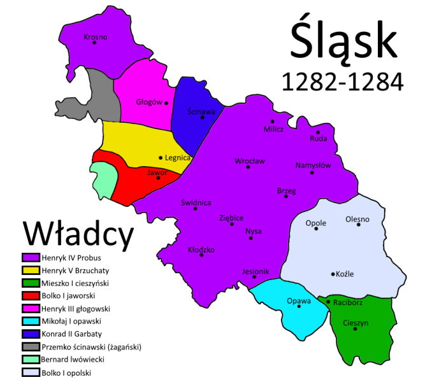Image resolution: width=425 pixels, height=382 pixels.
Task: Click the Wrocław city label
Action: point(250,161)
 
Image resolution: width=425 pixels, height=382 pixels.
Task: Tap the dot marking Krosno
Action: point(94,43)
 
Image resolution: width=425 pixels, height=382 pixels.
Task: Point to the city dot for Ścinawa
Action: point(203,117)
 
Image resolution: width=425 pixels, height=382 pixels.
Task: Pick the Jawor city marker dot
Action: point(158,178)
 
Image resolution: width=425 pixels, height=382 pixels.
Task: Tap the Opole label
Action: point(316,223)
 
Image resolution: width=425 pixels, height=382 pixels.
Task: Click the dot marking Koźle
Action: point(333,274)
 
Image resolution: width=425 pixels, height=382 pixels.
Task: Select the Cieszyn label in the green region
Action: point(356,323)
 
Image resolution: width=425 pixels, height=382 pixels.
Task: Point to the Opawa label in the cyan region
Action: point(298,301)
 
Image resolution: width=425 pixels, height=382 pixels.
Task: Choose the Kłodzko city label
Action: point(201,250)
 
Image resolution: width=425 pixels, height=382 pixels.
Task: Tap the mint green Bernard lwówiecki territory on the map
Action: point(103,180)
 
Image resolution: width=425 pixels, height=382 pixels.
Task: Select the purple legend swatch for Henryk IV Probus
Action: point(31,258)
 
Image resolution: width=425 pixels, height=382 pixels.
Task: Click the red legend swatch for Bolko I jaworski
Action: point(31,295)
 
